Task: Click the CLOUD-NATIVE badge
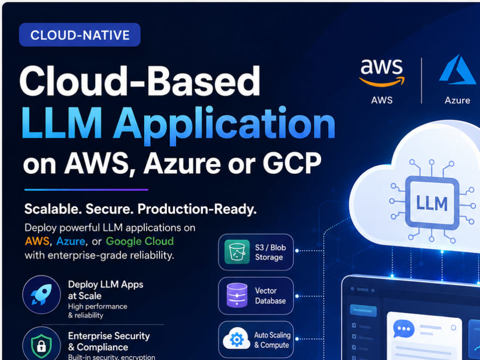[80, 35]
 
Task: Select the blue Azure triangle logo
[457, 70]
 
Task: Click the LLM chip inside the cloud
[432, 203]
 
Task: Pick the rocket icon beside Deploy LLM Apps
[42, 294]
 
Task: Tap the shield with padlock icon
[42, 345]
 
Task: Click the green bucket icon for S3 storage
[237, 252]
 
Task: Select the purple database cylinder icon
[237, 295]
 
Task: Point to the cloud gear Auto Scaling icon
[237, 339]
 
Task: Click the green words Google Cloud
[140, 241]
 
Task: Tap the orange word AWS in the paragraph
[37, 241]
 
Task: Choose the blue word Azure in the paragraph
[71, 241]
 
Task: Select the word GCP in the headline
[292, 163]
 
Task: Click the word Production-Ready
[197, 209]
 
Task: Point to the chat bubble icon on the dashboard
[404, 329]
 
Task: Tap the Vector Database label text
[270, 296]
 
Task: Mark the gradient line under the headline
[86, 190]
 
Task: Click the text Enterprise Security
[108, 336]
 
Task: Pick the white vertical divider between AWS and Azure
[421, 81]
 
